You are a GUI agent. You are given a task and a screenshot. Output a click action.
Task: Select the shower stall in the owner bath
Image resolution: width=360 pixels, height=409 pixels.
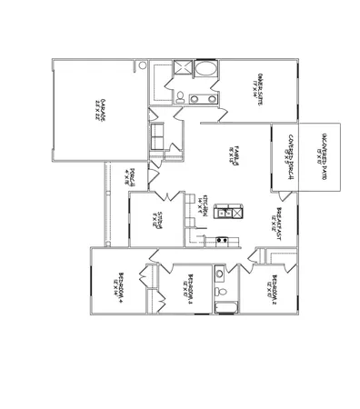(180, 70)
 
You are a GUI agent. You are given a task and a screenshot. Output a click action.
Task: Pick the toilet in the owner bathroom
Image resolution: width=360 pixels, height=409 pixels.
(180, 97)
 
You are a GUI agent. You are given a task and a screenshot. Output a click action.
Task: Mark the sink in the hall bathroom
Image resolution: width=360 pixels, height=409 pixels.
(218, 273)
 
